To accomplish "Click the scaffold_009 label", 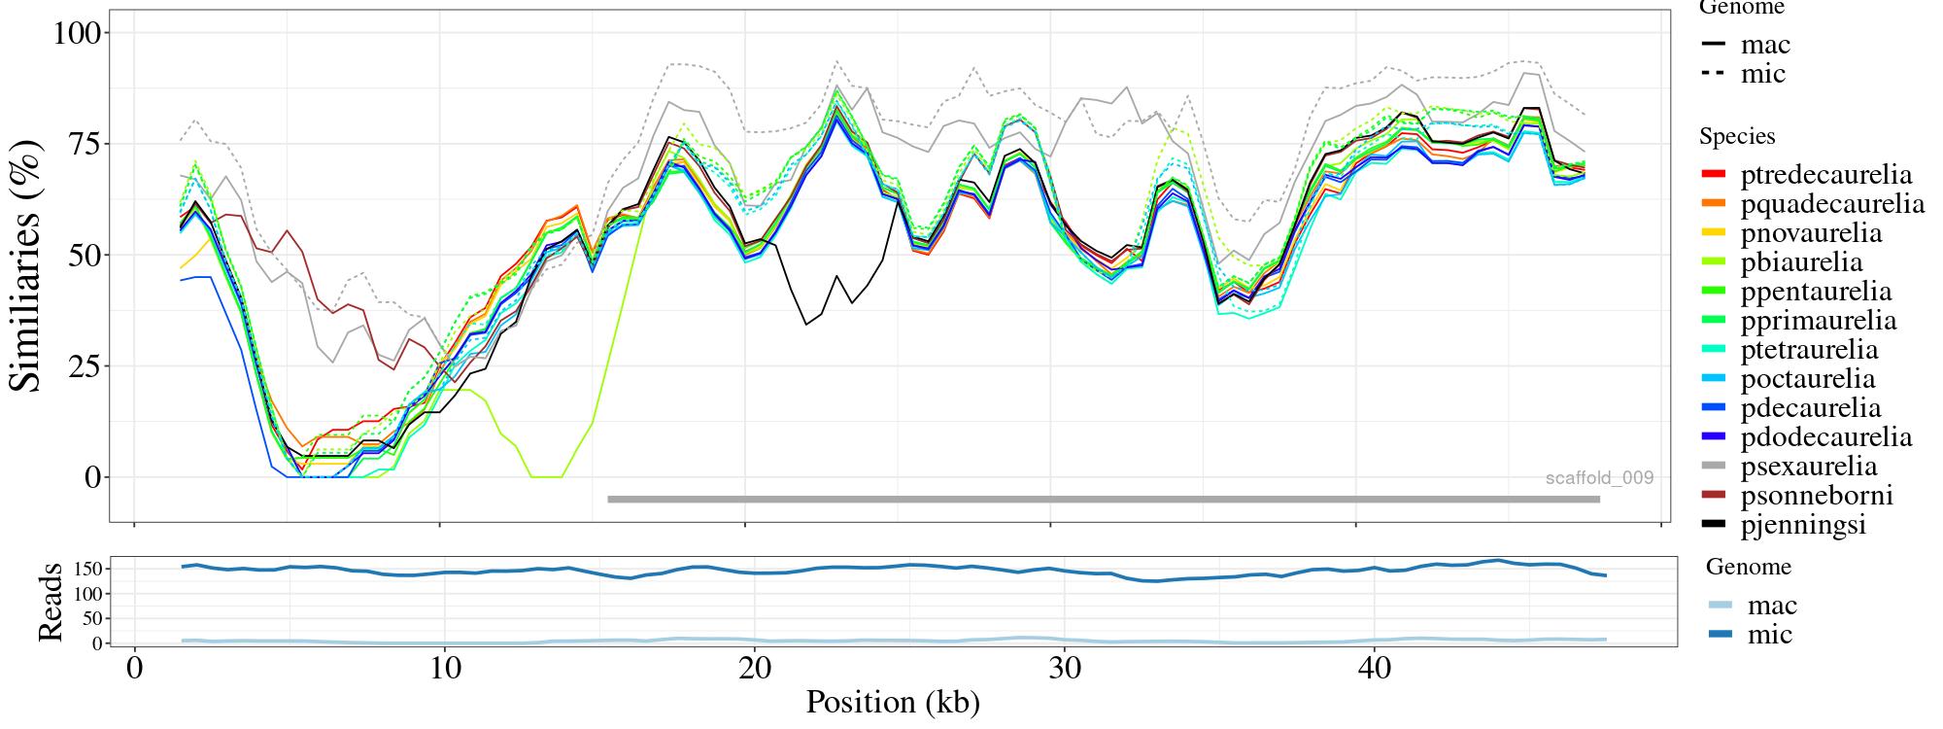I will [1599, 478].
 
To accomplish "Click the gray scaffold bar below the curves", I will [1103, 500].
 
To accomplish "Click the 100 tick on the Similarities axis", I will [77, 33].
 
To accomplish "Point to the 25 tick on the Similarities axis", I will [85, 366].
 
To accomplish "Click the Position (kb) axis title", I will [893, 702].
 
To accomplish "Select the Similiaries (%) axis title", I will [27, 264].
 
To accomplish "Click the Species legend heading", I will [1737, 137].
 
